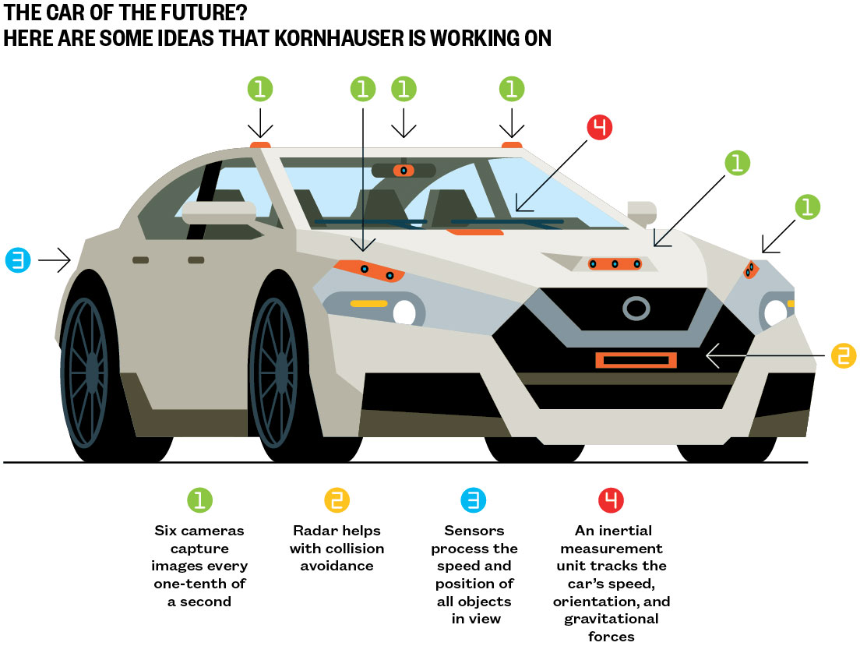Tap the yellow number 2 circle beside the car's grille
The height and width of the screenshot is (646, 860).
[843, 355]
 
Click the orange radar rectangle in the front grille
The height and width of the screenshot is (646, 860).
[636, 360]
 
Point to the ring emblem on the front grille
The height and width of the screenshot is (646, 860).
[636, 309]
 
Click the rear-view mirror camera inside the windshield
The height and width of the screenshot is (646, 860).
[403, 170]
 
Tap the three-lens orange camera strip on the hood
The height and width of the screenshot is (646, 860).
[615, 264]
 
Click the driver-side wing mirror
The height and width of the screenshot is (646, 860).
[220, 210]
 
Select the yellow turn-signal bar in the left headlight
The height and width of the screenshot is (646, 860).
[368, 302]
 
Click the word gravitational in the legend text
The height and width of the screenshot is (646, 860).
[611, 619]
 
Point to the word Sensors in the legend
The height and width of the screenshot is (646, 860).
[474, 531]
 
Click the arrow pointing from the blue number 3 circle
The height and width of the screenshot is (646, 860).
[55, 260]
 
